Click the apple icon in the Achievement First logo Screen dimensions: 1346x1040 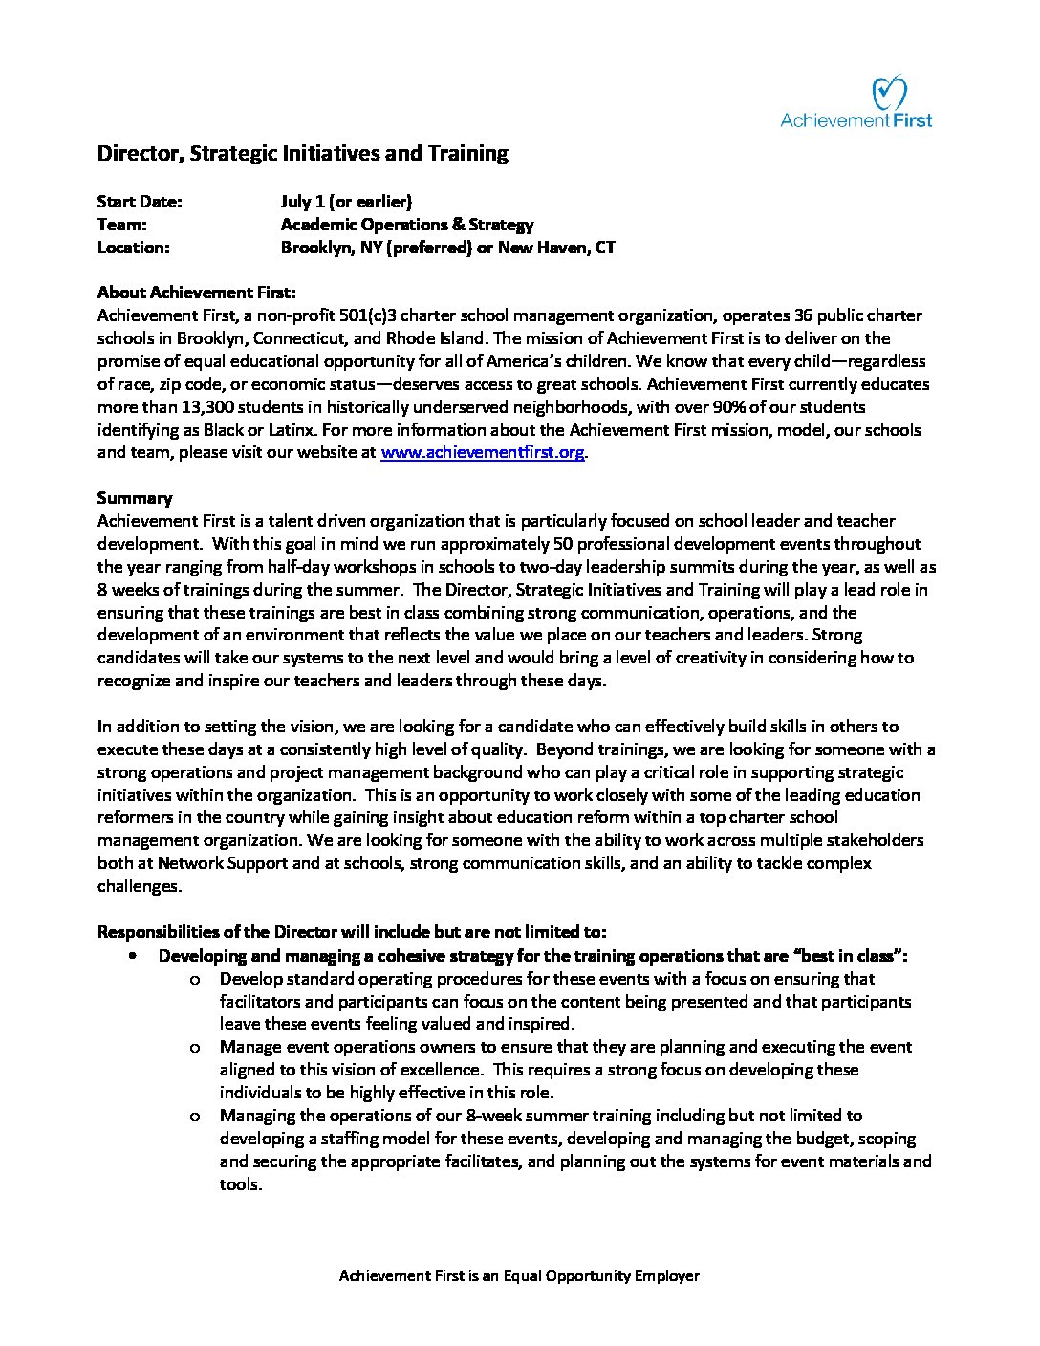(889, 93)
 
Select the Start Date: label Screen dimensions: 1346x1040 (140, 202)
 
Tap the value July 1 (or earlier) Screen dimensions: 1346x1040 (346, 202)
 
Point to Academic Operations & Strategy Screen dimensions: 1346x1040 (407, 225)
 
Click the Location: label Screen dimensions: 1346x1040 (134, 248)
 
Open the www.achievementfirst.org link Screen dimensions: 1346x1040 (483, 453)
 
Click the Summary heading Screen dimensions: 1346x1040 (135, 498)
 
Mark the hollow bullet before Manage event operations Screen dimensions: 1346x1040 (195, 1048)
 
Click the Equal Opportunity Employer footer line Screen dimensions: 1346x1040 (519, 1276)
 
